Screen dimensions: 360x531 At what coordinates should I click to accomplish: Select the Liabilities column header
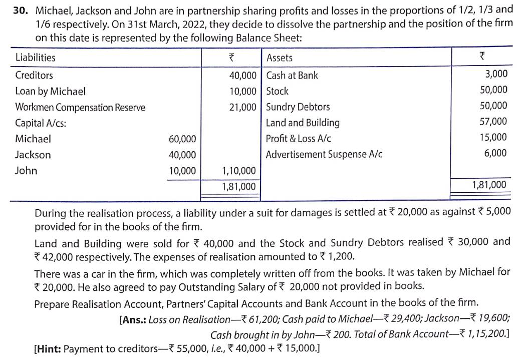click(36, 58)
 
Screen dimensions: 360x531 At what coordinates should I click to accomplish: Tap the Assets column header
click(280, 58)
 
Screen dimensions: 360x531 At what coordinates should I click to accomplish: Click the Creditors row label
click(34, 76)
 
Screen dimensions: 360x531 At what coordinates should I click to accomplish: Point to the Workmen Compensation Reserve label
click(80, 107)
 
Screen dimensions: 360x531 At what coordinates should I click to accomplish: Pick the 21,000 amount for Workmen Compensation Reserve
click(243, 107)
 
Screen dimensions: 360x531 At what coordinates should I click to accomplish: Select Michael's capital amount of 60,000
click(182, 139)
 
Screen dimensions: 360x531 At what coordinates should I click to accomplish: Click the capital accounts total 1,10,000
click(238, 171)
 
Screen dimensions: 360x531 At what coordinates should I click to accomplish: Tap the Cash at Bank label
click(292, 76)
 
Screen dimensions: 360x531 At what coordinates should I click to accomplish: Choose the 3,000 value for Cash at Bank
click(496, 74)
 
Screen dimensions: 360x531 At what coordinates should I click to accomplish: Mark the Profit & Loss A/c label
click(299, 139)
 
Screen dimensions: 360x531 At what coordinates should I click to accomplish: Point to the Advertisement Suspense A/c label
click(324, 155)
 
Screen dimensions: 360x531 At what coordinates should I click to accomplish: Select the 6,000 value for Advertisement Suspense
click(495, 153)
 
